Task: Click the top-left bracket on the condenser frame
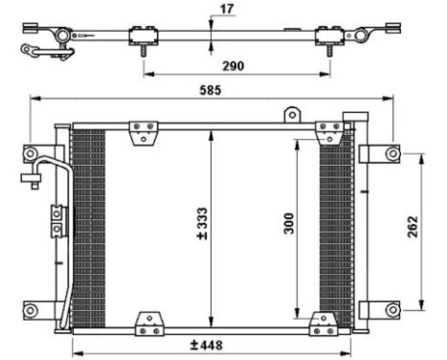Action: click(144, 128)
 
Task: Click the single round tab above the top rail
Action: click(289, 115)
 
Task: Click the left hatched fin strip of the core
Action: click(88, 226)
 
